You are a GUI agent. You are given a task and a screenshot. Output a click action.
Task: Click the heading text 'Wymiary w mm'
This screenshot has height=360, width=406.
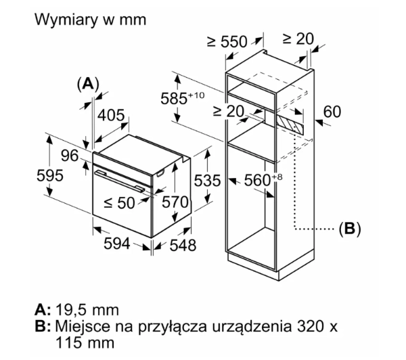tap(91, 20)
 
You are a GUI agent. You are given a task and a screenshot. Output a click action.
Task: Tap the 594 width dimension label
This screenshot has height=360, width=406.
tap(117, 244)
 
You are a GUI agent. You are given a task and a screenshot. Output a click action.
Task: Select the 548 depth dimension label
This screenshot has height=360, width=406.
tap(183, 245)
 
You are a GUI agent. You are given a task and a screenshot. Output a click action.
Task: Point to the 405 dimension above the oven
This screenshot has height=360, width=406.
tap(111, 115)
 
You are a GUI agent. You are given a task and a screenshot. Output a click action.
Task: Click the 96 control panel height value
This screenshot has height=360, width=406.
tap(70, 156)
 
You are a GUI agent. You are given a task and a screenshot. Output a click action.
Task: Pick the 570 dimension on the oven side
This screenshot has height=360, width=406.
tap(175, 202)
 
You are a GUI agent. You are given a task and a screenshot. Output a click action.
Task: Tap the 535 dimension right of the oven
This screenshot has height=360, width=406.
tap(208, 180)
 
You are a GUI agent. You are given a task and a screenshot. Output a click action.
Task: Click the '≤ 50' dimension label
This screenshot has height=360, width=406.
tap(119, 202)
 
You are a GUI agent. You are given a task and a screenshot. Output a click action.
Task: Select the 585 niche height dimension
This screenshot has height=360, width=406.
tap(183, 98)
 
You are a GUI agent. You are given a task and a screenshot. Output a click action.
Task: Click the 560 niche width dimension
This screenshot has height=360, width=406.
tap(263, 180)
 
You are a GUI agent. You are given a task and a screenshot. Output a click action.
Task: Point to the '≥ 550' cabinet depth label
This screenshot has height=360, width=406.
tap(227, 41)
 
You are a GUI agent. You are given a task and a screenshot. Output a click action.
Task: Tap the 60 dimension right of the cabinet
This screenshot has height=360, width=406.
tap(332, 112)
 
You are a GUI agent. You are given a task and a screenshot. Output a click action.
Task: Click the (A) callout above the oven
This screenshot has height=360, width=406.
tap(88, 84)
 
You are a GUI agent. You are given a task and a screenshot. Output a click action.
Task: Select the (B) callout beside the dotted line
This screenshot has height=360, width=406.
tap(350, 229)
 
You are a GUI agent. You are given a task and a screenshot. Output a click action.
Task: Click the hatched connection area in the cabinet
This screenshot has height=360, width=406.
tap(290, 125)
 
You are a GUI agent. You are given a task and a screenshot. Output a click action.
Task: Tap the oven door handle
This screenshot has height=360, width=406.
tap(120, 181)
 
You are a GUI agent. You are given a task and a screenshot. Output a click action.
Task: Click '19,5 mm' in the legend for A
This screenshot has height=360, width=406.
tap(87, 310)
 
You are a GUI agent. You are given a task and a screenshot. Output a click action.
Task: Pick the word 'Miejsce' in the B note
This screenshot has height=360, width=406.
tap(83, 326)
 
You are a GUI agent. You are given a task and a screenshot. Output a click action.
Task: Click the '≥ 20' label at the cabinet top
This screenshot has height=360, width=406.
tap(298, 39)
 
